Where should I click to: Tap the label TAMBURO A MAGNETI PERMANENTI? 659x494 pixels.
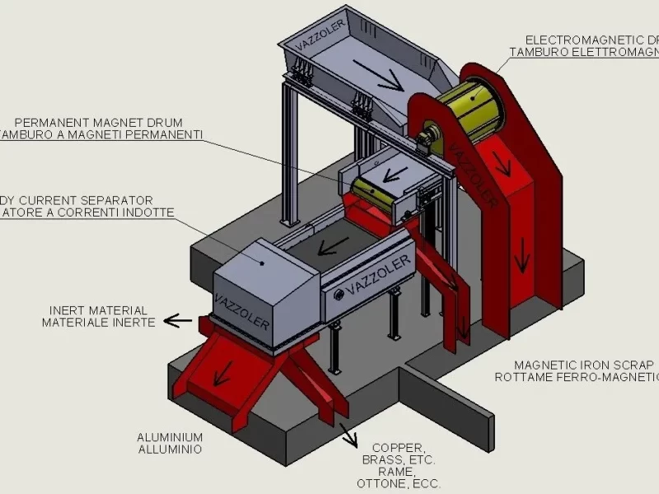pos(99,135)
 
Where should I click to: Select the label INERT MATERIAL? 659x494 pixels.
pos(98,310)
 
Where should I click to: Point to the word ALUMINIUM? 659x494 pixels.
pos(170,438)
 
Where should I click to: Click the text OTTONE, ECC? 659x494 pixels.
pos(400,483)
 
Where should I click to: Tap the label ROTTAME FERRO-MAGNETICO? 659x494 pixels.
pos(577,377)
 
